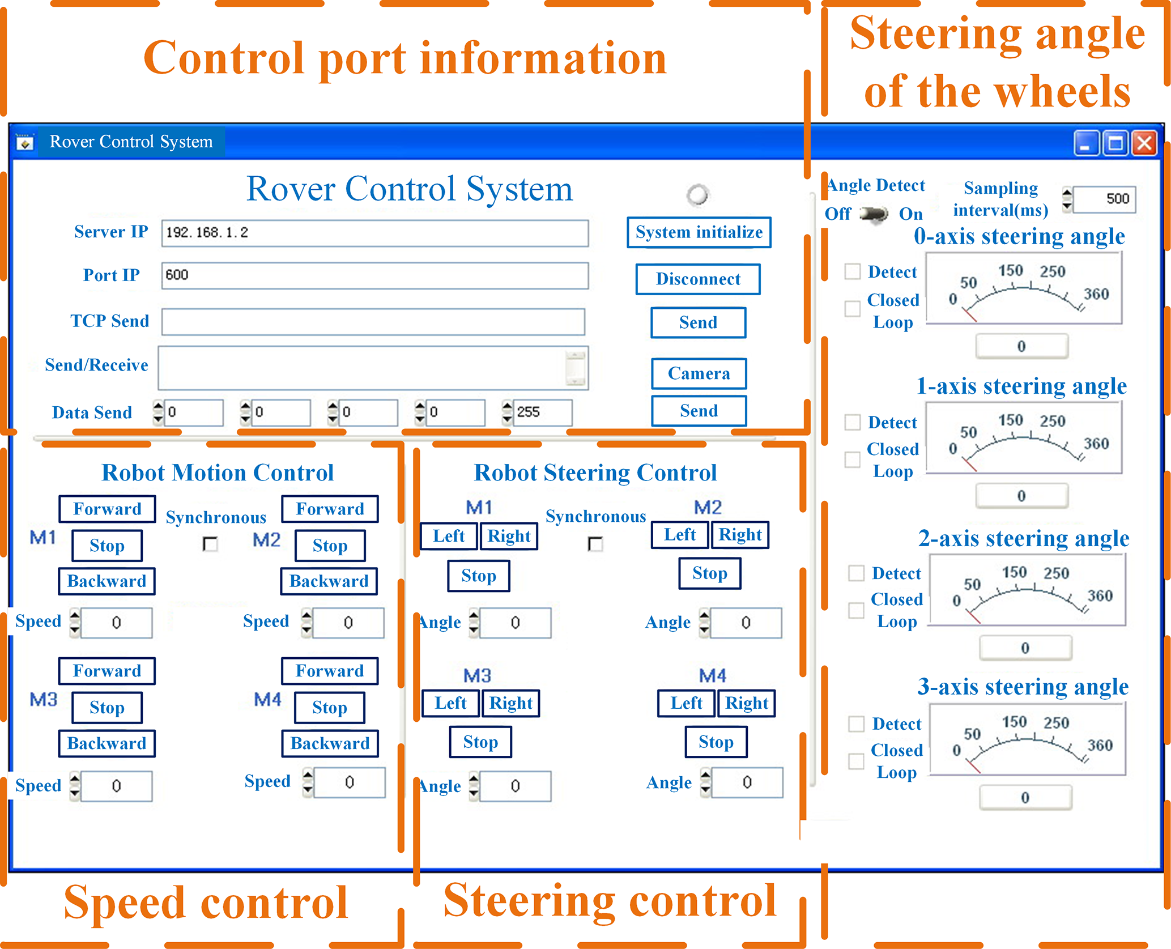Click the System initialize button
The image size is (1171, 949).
click(x=699, y=232)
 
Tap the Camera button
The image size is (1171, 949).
click(x=699, y=373)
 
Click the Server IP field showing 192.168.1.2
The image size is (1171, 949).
click(x=374, y=233)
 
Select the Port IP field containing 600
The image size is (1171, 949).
click(x=374, y=275)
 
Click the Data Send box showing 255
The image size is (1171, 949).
click(x=542, y=412)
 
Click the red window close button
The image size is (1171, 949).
click(x=1144, y=142)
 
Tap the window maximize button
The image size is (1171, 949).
click(x=1115, y=142)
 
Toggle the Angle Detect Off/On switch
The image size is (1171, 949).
click(x=874, y=214)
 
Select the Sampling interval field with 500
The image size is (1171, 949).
click(x=1104, y=199)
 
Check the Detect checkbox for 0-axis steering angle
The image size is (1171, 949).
click(x=853, y=271)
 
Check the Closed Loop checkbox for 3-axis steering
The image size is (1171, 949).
click(x=856, y=761)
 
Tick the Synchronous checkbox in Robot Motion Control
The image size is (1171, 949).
click(x=210, y=544)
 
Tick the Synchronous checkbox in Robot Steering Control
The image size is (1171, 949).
click(x=595, y=544)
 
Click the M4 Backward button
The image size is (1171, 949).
click(x=330, y=743)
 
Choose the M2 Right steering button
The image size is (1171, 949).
click(x=740, y=534)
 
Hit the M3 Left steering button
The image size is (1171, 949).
click(x=450, y=703)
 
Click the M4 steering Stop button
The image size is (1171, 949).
click(x=716, y=742)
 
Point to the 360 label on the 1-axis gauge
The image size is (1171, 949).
click(x=1096, y=444)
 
